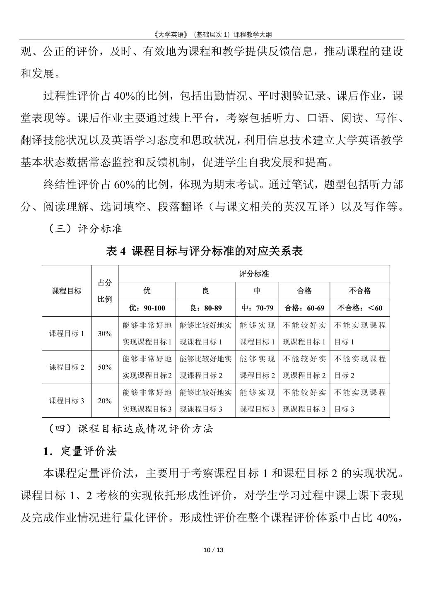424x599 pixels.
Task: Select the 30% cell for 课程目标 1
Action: coord(105,333)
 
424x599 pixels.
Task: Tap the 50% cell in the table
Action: coord(105,367)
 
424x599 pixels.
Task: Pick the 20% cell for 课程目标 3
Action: coord(105,400)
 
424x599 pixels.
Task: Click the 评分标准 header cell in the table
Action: coord(254,274)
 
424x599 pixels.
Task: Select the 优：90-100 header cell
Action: coord(147,308)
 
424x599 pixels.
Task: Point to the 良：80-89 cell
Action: coord(205,308)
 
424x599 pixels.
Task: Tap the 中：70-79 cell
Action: coord(257,308)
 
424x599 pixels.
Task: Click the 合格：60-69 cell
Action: coord(304,308)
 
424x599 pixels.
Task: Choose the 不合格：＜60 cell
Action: coord(359,308)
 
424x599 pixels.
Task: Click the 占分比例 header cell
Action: coord(105,291)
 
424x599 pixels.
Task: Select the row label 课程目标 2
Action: coord(67,367)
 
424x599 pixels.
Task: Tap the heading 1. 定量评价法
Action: coord(80,451)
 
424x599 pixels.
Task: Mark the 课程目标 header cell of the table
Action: coord(67,291)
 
